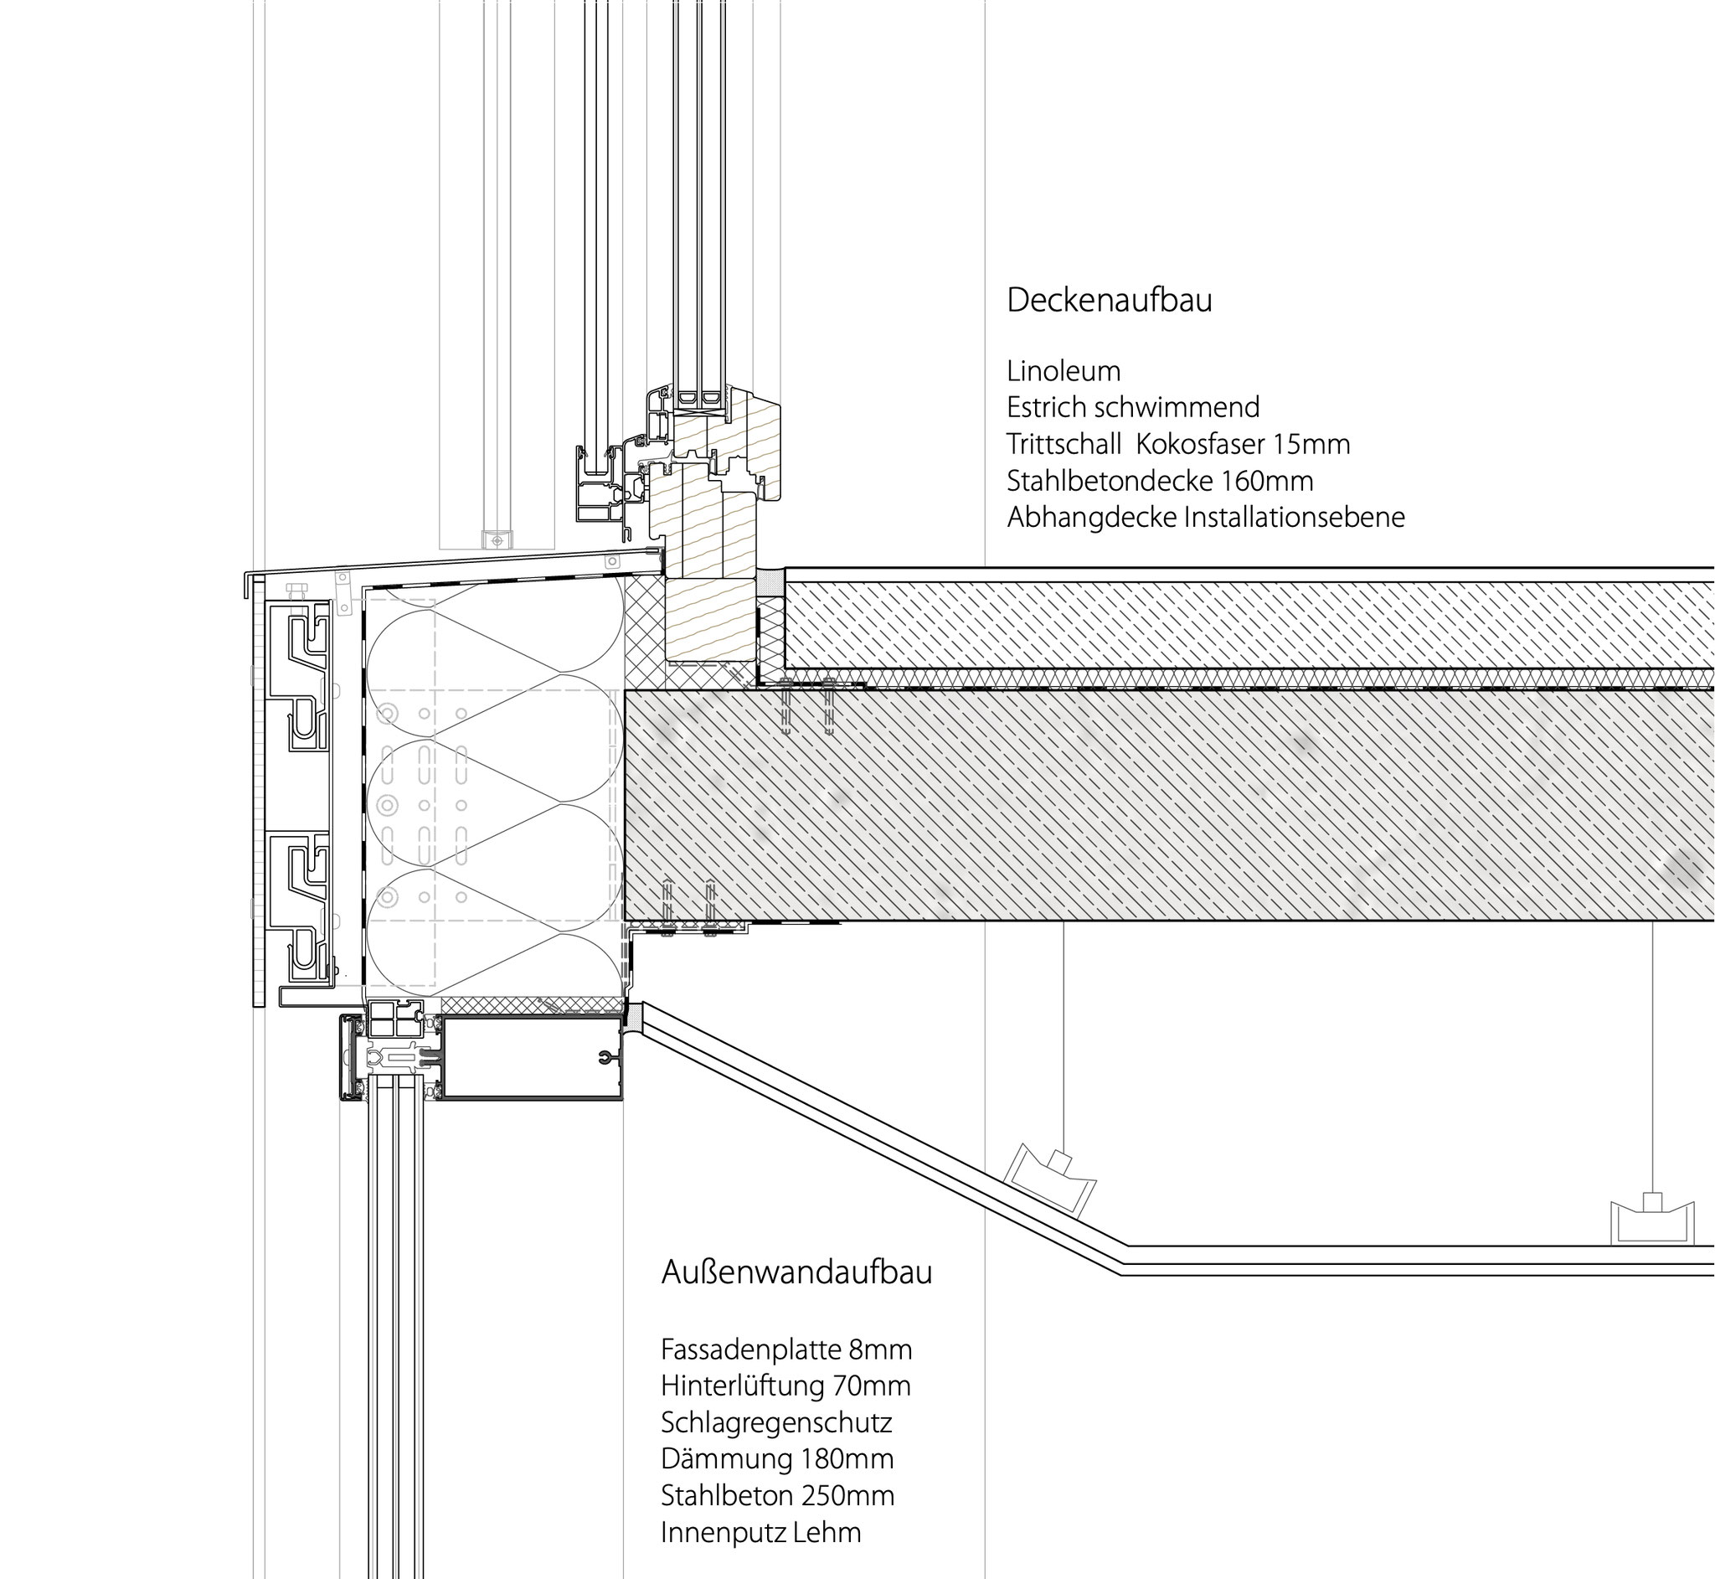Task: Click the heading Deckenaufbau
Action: [1109, 301]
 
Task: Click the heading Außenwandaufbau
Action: [796, 1273]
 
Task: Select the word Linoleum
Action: [1064, 372]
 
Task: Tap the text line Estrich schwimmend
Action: [1132, 408]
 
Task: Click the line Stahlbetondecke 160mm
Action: [1160, 481]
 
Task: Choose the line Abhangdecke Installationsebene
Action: [1205, 518]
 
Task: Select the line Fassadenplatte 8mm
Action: [786, 1350]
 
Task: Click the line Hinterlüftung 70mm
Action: [785, 1385]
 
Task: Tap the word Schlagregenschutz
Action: [776, 1422]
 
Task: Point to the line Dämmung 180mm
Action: [777, 1459]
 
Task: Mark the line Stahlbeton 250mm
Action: [777, 1496]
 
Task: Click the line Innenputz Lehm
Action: [761, 1533]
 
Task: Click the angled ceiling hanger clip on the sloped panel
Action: [1052, 1179]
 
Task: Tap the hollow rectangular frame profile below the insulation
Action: [530, 1057]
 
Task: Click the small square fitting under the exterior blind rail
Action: [497, 539]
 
